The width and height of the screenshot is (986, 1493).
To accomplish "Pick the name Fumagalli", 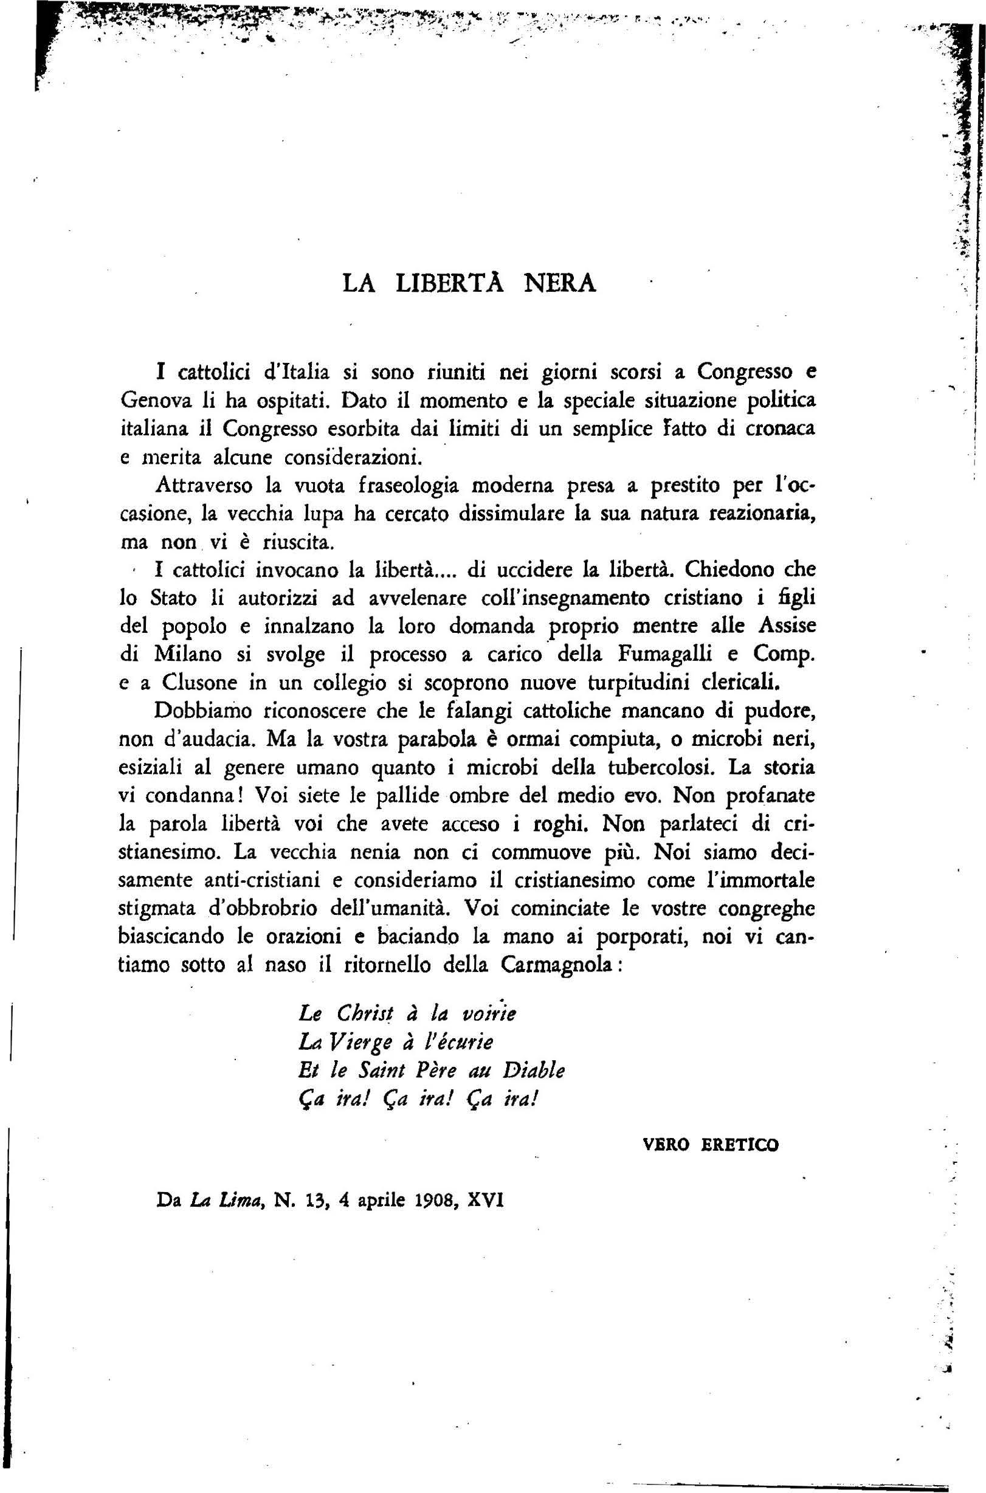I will [x=665, y=655].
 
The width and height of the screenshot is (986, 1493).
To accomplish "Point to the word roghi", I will [x=564, y=824].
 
